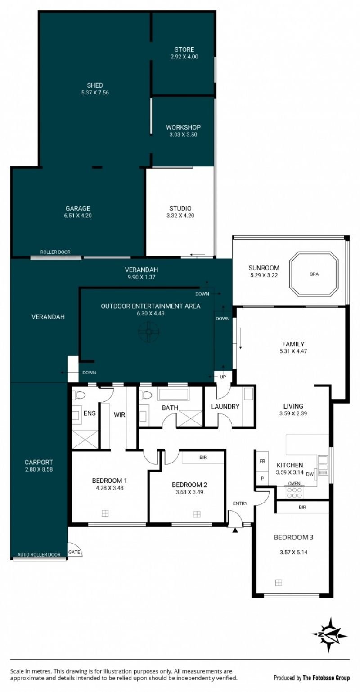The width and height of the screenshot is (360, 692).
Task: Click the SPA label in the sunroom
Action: (x=314, y=274)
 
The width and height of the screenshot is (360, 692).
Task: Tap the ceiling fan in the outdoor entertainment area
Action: (x=148, y=332)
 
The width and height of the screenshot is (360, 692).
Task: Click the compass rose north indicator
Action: (x=330, y=635)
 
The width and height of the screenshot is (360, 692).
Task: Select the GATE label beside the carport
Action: (x=74, y=552)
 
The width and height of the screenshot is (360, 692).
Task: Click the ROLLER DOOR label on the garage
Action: (x=55, y=252)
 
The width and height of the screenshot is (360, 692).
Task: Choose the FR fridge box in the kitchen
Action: (x=262, y=461)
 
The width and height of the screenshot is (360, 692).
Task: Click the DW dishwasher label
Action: (x=310, y=474)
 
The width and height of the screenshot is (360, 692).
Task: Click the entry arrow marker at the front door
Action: (x=235, y=531)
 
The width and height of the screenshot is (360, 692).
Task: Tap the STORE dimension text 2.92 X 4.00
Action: (x=184, y=57)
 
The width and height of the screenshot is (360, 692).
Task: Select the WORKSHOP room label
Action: (x=183, y=127)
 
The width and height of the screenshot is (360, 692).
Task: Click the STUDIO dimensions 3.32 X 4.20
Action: (x=180, y=216)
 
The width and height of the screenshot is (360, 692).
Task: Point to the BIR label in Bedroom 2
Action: (x=203, y=457)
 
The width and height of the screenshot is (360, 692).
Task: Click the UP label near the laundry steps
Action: (x=223, y=377)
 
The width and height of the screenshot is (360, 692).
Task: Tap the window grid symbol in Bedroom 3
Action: (x=279, y=583)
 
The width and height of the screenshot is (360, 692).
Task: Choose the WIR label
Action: (x=119, y=414)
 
